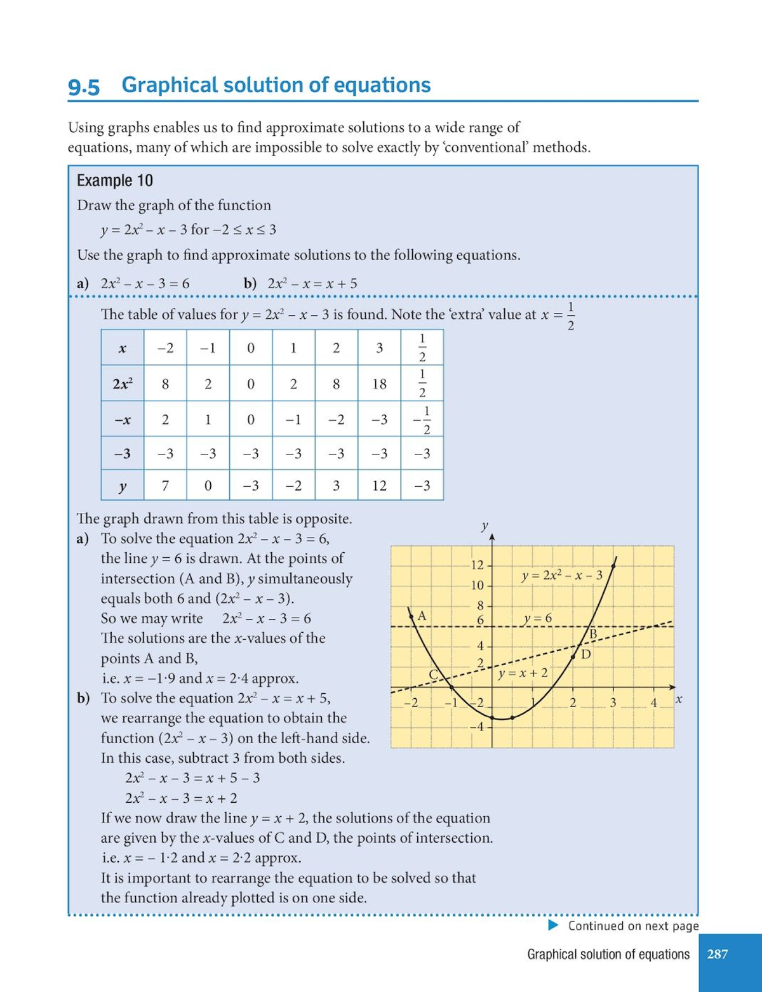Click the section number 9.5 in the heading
(x=84, y=86)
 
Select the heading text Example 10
(x=115, y=181)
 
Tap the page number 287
(x=717, y=954)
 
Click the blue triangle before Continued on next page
(x=554, y=925)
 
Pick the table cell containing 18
(x=379, y=384)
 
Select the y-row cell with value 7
(x=165, y=486)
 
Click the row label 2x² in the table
(x=123, y=384)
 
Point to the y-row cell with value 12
(x=379, y=486)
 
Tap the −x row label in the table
(x=123, y=420)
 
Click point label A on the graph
(x=422, y=616)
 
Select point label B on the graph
(x=594, y=633)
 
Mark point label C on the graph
(x=434, y=675)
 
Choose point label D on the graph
(x=586, y=654)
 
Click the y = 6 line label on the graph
(x=538, y=618)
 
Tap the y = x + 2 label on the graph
(x=523, y=673)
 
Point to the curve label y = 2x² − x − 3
(x=561, y=576)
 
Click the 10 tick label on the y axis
(x=476, y=585)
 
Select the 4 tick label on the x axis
(x=653, y=703)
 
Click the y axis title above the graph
(x=485, y=526)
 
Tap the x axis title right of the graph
(x=679, y=699)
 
